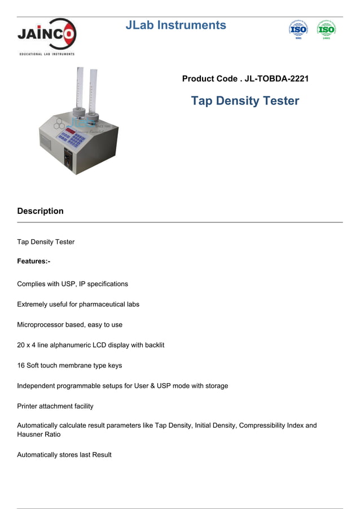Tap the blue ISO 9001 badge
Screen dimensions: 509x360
tap(298, 29)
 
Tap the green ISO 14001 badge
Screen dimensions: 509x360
tap(326, 29)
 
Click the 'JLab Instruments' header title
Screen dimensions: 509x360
tap(175, 25)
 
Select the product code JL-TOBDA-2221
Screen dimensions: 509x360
tap(276, 79)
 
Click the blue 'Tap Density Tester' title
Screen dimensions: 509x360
tap(245, 101)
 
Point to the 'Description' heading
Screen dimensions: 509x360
tap(40, 211)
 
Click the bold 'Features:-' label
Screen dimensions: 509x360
tap(34, 261)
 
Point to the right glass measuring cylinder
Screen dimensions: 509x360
tap(94, 93)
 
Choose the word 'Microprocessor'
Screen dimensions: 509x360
tap(41, 324)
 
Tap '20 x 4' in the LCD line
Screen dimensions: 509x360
tap(28, 345)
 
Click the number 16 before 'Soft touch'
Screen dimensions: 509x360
tap(20, 365)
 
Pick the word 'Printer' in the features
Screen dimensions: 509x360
tap(28, 406)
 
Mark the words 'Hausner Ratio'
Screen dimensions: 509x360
tap(38, 435)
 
